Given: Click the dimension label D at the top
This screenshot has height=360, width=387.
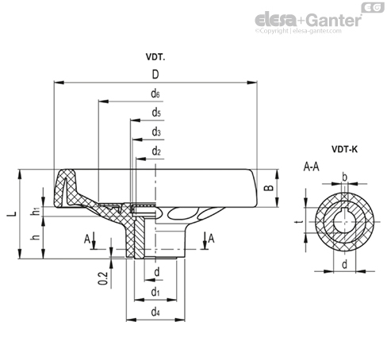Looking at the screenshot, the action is [155, 75].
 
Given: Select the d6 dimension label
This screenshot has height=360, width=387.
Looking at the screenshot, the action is [155, 94].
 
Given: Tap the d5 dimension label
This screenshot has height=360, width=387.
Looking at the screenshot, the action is [156, 113].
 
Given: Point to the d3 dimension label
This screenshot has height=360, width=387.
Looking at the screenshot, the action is [156, 132].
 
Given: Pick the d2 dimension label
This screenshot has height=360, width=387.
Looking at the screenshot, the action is [156, 151].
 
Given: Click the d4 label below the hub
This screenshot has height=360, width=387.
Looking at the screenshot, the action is [155, 312].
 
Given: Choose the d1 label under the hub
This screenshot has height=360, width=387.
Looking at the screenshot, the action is [155, 293].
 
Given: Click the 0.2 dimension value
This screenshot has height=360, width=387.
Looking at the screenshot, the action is [103, 278].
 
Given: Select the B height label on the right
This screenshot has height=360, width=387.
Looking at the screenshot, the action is [269, 188].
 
